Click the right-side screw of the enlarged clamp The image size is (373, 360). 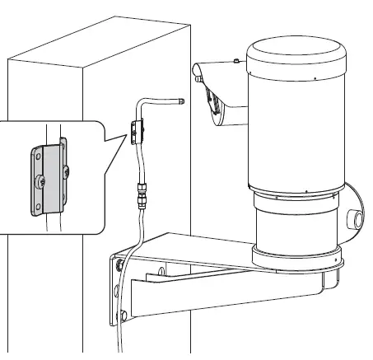65,172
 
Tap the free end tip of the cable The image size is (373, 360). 180,101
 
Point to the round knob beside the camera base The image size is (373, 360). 357,219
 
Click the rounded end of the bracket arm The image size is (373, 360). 329,285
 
